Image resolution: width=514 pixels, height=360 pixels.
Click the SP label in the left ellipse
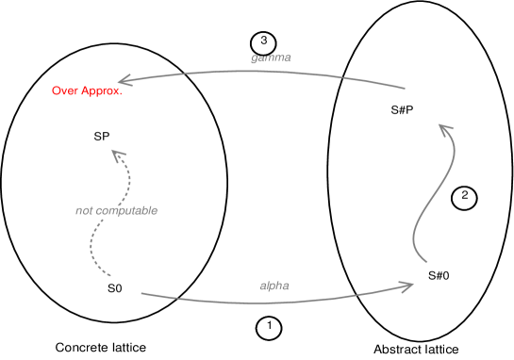pyautogui.click(x=102, y=137)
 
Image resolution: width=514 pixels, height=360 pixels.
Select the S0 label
pyautogui.click(x=115, y=287)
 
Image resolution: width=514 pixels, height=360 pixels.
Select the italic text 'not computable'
pyautogui.click(x=116, y=210)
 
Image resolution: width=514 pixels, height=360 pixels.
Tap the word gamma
pyautogui.click(x=271, y=58)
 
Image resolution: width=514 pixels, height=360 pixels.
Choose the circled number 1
pyautogui.click(x=270, y=328)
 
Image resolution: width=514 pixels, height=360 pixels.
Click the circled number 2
pyautogui.click(x=464, y=198)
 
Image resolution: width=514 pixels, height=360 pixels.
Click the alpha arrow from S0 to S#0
pyautogui.click(x=283, y=301)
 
